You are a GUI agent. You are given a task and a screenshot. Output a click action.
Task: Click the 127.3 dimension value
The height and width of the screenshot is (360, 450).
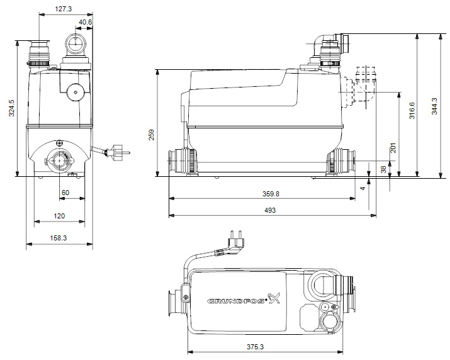tap(64, 9)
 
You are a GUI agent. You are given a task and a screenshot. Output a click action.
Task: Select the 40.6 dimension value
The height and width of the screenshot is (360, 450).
tap(85, 22)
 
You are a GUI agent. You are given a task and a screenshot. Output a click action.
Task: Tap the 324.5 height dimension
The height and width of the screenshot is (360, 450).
tap(12, 108)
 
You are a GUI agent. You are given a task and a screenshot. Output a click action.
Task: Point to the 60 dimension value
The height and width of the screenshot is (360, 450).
tap(65, 193)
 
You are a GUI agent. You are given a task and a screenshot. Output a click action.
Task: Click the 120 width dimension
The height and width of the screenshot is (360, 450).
tap(59, 216)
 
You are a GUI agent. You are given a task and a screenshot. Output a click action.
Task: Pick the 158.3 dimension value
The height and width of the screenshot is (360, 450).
tap(59, 238)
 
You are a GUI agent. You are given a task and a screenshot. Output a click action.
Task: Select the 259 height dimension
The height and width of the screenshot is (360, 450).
tap(151, 135)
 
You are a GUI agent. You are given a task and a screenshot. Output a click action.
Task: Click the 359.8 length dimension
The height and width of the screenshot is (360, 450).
tap(271, 194)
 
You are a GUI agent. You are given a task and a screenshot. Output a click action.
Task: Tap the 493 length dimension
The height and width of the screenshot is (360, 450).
tap(270, 210)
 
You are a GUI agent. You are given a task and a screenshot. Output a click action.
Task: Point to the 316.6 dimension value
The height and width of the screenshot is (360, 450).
tap(412, 111)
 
